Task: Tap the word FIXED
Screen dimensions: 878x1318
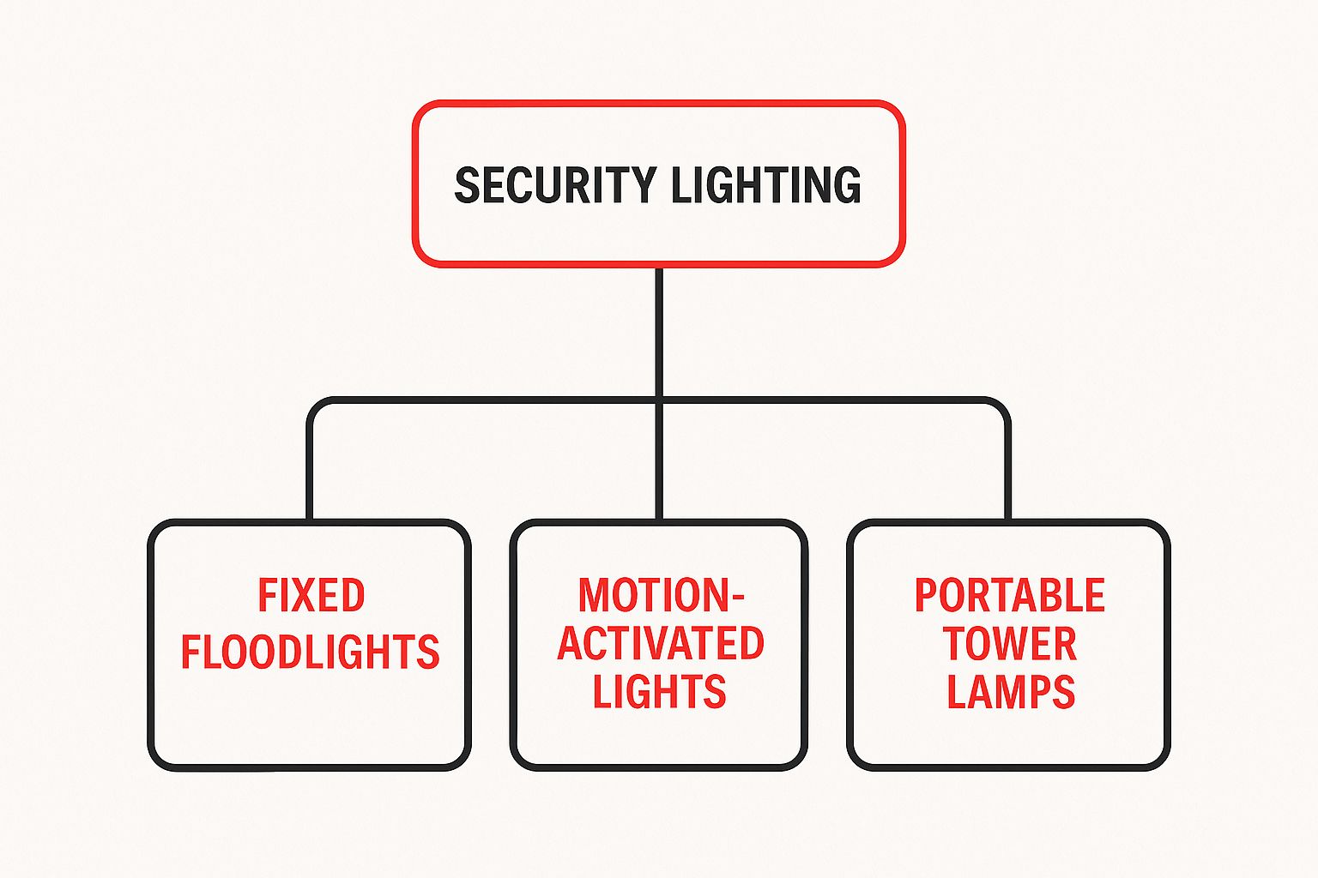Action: click(311, 596)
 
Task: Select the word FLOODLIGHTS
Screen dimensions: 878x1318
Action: click(310, 652)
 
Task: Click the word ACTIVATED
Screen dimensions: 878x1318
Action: click(660, 644)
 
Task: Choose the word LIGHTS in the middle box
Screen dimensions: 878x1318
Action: click(659, 692)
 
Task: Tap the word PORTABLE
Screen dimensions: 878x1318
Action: click(1009, 596)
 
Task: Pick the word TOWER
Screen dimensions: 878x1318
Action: click(1010, 644)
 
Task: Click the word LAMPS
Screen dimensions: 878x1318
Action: click(1010, 692)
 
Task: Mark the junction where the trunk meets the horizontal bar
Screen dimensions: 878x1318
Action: click(659, 400)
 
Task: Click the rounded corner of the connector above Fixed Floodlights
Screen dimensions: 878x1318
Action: click(316, 406)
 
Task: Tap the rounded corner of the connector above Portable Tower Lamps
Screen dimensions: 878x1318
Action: click(1001, 406)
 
